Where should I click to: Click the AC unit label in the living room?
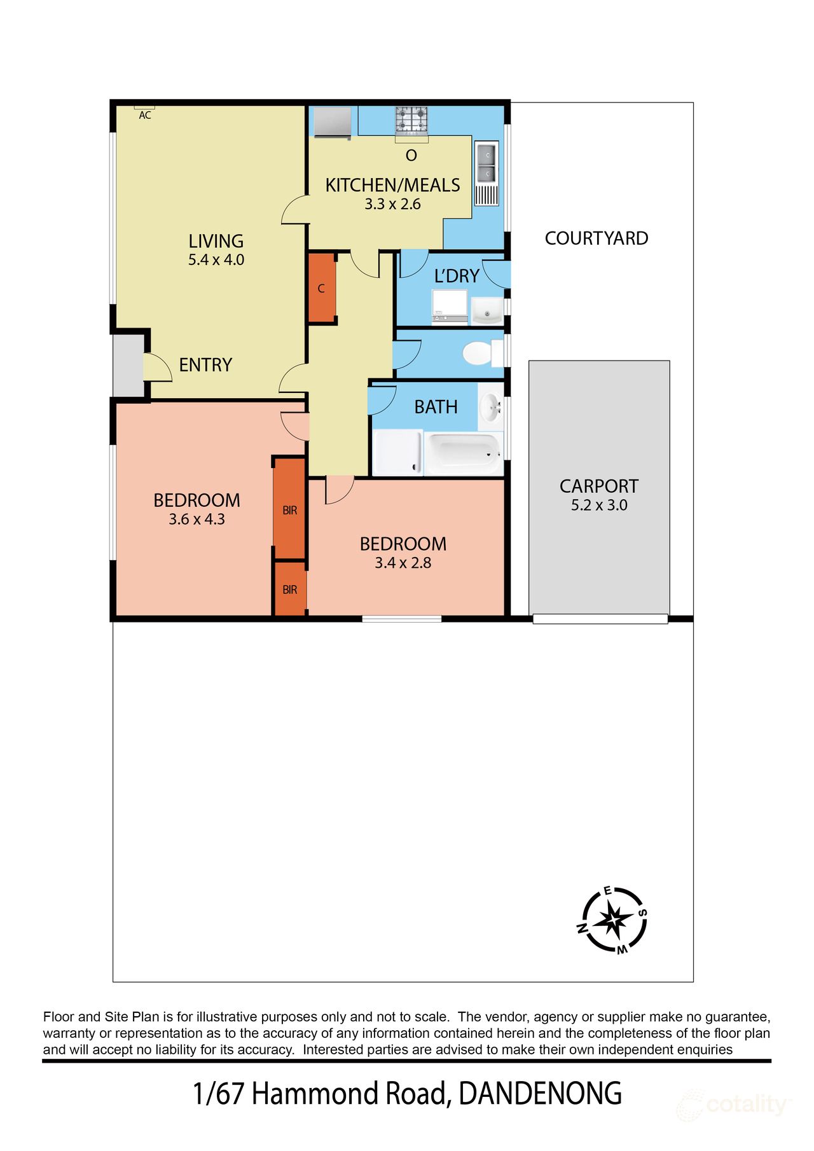145,115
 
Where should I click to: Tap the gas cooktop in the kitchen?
411,120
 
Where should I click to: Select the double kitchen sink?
486,164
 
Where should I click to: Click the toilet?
479,354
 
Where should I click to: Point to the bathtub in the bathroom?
463,453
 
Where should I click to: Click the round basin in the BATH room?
490,406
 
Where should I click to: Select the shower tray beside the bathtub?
397,452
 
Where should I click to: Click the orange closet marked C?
322,288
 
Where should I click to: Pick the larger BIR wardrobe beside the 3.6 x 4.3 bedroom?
289,509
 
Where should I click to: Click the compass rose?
614,920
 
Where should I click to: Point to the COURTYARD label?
596,238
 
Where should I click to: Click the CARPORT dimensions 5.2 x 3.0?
598,506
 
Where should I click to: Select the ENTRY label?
205,365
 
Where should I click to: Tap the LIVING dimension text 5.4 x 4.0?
216,259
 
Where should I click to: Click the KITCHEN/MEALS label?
392,185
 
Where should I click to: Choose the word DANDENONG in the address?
540,1094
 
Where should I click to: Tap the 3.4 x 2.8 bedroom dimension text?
403,563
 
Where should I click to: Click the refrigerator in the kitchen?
333,121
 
